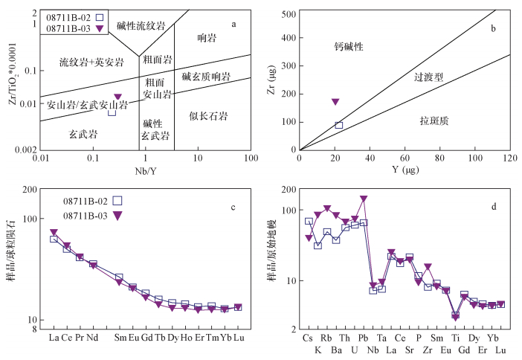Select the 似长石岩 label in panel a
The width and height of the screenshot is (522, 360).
208,116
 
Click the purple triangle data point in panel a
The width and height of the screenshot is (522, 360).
117,97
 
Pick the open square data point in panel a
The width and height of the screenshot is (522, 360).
112,112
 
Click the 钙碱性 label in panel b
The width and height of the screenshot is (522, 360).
348,47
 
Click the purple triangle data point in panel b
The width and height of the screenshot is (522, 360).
335,101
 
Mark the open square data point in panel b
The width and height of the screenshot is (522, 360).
339,125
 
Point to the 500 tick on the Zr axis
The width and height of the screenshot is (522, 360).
289,13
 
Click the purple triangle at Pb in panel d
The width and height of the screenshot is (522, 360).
364,199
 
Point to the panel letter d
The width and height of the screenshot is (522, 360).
494,207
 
